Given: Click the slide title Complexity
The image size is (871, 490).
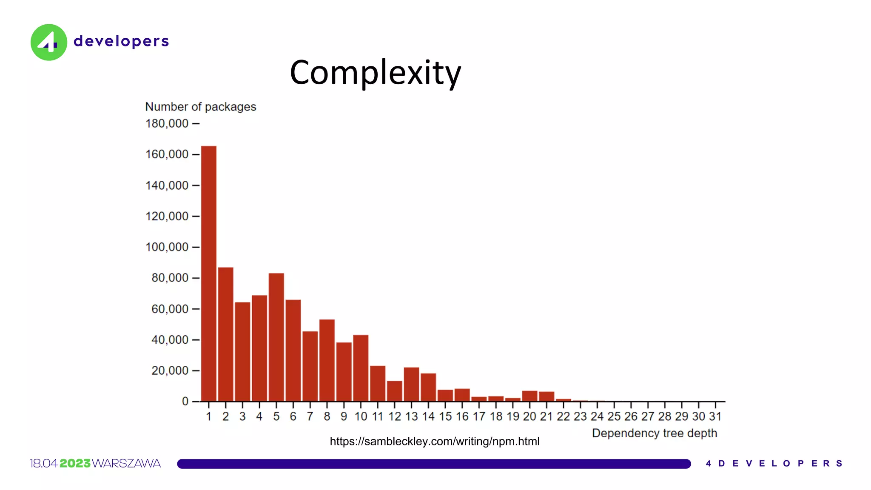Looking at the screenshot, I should (x=375, y=72).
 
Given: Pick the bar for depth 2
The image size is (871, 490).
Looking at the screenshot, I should (x=225, y=334).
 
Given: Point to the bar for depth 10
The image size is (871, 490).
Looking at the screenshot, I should (x=361, y=368).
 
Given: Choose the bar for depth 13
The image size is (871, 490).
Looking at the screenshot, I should (x=411, y=384).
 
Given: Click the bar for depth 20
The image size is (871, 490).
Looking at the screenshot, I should (x=529, y=396).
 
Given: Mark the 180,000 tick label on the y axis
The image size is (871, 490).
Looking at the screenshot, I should (x=167, y=124).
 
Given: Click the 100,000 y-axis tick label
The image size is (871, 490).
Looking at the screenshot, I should (x=167, y=247).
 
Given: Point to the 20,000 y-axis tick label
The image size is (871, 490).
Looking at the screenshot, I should (x=170, y=371).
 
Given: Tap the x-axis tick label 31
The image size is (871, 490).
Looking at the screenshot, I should (x=715, y=416).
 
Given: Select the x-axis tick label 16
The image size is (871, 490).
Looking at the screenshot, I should (x=462, y=416).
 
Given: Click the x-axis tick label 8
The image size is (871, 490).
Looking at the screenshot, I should (x=327, y=416).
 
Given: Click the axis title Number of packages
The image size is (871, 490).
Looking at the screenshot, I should (x=201, y=107).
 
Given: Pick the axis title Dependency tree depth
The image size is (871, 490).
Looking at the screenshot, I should (x=654, y=433).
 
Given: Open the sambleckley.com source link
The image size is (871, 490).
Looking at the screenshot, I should (x=434, y=442).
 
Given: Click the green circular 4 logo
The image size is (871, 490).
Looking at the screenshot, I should (x=49, y=42).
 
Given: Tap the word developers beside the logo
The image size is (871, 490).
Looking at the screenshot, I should (x=121, y=41).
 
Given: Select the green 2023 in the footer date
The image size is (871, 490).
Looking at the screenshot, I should (x=75, y=463).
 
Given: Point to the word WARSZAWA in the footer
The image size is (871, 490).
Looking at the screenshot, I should (x=126, y=463).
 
